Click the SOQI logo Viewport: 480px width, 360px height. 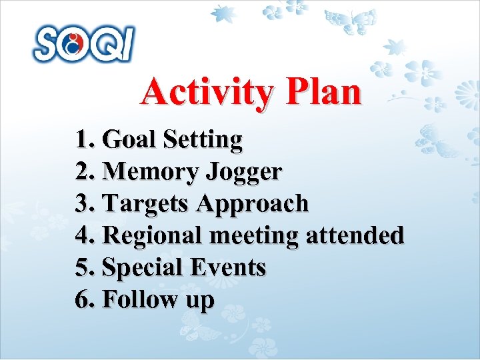tap(84, 44)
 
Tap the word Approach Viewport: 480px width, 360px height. tap(253, 204)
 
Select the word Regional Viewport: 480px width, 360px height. tap(153, 235)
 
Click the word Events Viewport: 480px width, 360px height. tap(227, 267)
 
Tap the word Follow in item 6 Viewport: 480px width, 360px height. tap(137, 299)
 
